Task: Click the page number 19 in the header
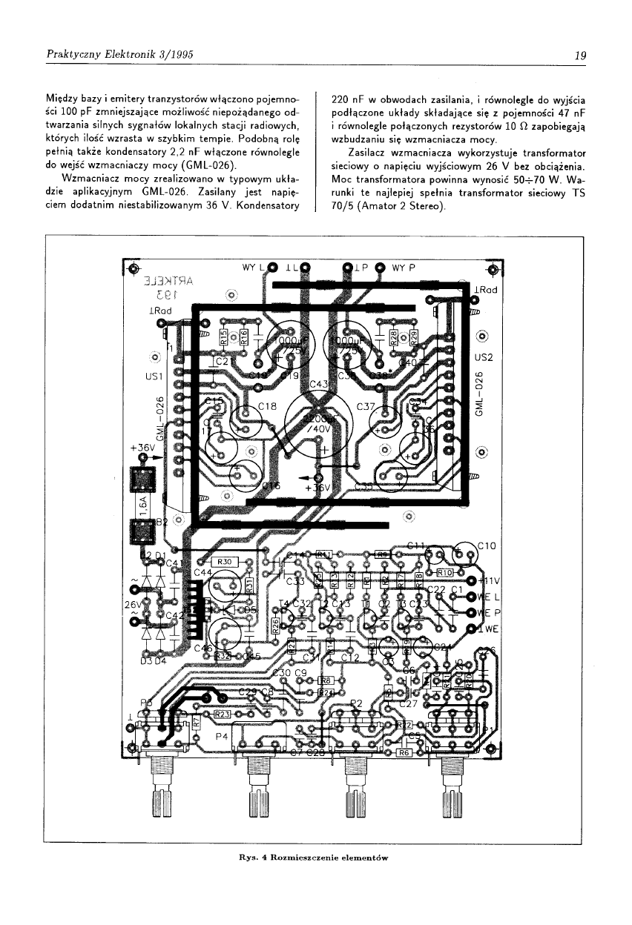[580, 53]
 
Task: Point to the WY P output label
[404, 268]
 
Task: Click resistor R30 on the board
[226, 562]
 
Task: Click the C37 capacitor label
[366, 407]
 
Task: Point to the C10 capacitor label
[486, 546]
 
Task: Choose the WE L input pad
[471, 597]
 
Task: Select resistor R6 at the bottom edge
[404, 752]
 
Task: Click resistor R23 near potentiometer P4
[223, 714]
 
